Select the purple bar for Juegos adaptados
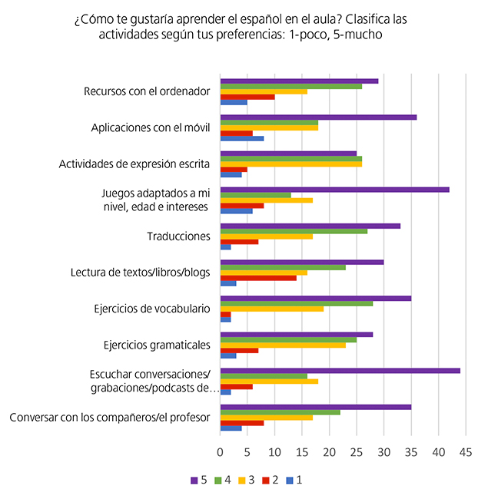pos(334,189)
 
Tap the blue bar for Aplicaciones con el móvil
pos(242,139)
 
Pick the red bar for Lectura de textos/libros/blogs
pos(258,276)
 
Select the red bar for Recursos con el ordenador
pos(247,97)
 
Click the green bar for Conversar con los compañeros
pos(280,412)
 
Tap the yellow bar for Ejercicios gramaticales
pos(283,345)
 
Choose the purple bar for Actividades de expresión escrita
pos(288,153)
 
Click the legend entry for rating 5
pos(197,480)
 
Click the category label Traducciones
pos(178,236)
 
